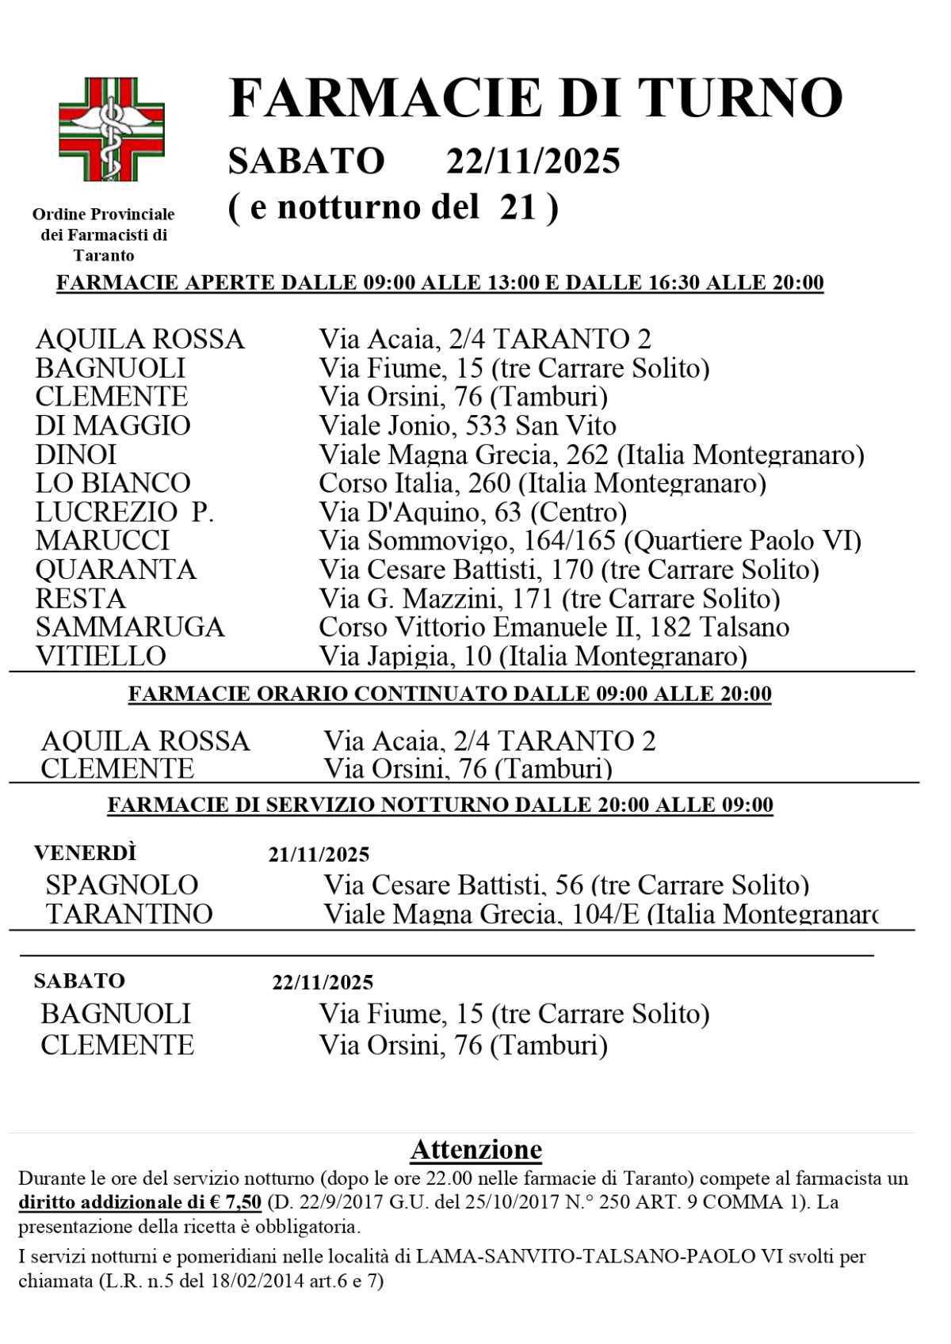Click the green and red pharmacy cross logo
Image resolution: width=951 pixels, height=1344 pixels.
pyautogui.click(x=112, y=129)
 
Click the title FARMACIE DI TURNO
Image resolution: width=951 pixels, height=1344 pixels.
pyautogui.click(x=535, y=98)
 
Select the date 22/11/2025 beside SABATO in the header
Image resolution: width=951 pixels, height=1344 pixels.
pyautogui.click(x=533, y=162)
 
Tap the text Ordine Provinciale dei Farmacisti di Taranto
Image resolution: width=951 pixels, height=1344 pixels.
pyautogui.click(x=104, y=234)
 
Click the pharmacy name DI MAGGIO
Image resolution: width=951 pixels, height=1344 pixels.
pyautogui.click(x=113, y=425)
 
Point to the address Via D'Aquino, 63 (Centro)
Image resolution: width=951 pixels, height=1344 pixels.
pyautogui.click(x=472, y=512)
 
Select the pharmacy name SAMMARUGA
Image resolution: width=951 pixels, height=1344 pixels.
pyautogui.click(x=130, y=627)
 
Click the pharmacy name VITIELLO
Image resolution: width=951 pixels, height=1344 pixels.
pyautogui.click(x=101, y=656)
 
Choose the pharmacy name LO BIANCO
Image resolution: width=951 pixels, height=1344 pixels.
pyautogui.click(x=113, y=483)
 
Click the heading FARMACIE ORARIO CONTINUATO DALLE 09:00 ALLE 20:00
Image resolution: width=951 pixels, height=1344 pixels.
pyautogui.click(x=449, y=695)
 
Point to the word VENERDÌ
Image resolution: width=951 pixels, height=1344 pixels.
pyautogui.click(x=85, y=853)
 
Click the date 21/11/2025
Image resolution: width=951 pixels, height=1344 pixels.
pyautogui.click(x=319, y=855)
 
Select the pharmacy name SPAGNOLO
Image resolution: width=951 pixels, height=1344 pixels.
pyautogui.click(x=121, y=884)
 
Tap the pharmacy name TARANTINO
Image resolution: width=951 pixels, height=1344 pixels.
pyautogui.click(x=129, y=914)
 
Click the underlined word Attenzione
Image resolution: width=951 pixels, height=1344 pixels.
pyautogui.click(x=475, y=1149)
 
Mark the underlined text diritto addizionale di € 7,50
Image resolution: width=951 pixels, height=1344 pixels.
pyautogui.click(x=139, y=1202)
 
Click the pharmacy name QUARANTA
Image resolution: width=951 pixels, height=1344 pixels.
pyautogui.click(x=116, y=569)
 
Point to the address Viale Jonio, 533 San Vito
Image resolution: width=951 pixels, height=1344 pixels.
pyautogui.click(x=467, y=425)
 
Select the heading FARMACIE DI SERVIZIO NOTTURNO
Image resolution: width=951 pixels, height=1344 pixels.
pyautogui.click(x=440, y=805)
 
